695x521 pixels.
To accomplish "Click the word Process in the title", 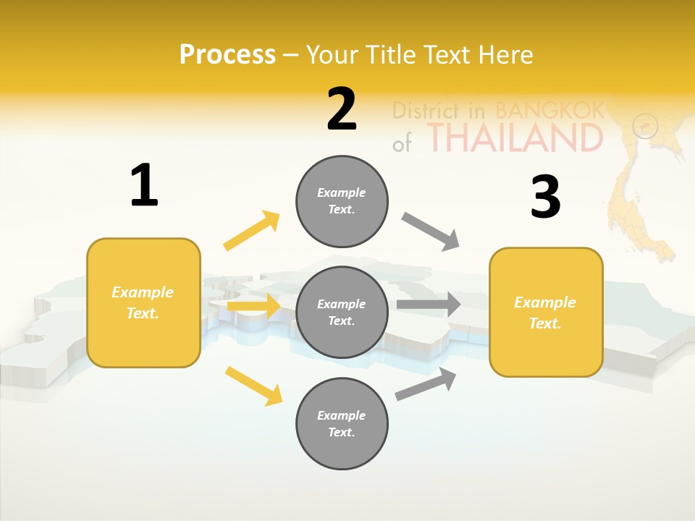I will (227, 54).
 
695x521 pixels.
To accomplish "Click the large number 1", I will (144, 185).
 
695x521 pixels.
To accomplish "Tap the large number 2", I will (342, 109).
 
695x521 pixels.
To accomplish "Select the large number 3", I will (545, 198).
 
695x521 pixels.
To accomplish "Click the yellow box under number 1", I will (143, 302).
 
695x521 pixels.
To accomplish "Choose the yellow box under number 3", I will (546, 312).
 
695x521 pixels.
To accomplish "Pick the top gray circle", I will (342, 201).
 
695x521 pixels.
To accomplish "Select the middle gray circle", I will (342, 312).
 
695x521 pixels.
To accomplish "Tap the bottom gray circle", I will (342, 423).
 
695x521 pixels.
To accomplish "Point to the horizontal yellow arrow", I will (253, 306).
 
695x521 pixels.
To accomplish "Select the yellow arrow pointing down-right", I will (253, 386).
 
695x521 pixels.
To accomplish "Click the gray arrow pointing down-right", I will (431, 231).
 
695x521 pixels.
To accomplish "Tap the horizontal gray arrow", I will (429, 304).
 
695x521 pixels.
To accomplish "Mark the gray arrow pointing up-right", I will (426, 384).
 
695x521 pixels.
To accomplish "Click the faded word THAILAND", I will (514, 137).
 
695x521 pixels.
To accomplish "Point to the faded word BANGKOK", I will (549, 111).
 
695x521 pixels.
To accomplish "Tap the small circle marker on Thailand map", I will (644, 127).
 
